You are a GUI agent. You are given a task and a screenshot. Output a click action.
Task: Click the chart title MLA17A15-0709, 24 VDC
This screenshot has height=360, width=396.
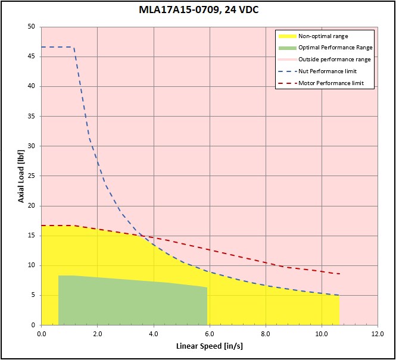(198, 10)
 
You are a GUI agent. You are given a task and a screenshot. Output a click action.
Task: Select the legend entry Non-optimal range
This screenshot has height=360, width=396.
(323, 36)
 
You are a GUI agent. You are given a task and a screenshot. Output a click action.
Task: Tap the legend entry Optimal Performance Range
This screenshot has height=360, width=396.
(335, 48)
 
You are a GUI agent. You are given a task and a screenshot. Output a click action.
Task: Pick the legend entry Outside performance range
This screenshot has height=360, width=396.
(334, 60)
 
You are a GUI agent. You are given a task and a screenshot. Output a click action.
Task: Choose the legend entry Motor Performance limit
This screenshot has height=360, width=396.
(330, 83)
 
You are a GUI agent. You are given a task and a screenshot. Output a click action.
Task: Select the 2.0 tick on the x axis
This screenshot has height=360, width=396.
(97, 334)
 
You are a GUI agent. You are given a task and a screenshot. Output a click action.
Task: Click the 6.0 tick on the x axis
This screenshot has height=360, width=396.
(210, 334)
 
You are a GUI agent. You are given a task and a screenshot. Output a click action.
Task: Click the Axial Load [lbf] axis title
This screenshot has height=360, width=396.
(21, 176)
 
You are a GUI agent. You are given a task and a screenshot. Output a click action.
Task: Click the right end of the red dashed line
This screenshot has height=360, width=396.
(339, 274)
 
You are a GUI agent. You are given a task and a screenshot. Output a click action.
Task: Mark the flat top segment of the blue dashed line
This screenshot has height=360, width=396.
(57, 47)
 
